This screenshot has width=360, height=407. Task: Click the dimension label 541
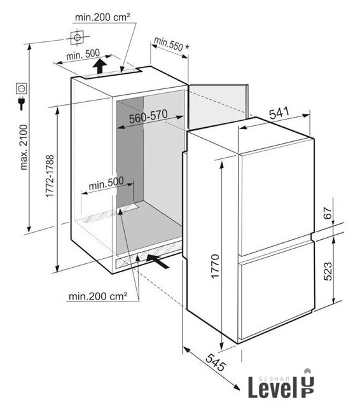click(279, 113)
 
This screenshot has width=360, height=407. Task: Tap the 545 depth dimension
click(216, 362)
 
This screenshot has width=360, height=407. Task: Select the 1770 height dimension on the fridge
click(215, 266)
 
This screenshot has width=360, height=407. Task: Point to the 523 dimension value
click(328, 272)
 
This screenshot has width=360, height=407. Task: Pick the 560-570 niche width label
click(148, 116)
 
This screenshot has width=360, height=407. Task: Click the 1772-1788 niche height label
click(50, 176)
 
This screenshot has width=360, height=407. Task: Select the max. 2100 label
click(24, 148)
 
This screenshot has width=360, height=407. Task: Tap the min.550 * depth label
click(172, 44)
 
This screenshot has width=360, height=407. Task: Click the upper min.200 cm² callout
click(102, 17)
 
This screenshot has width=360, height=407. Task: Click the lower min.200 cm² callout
click(99, 296)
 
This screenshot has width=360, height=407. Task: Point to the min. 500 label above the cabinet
click(83, 55)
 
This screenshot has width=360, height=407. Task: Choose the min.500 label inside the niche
click(106, 183)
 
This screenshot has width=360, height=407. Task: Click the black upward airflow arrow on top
click(99, 66)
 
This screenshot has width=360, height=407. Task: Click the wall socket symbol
click(21, 88)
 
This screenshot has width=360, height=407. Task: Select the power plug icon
click(21, 103)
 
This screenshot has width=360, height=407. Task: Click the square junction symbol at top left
click(77, 38)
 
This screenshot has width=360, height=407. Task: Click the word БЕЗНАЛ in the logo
click(273, 379)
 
